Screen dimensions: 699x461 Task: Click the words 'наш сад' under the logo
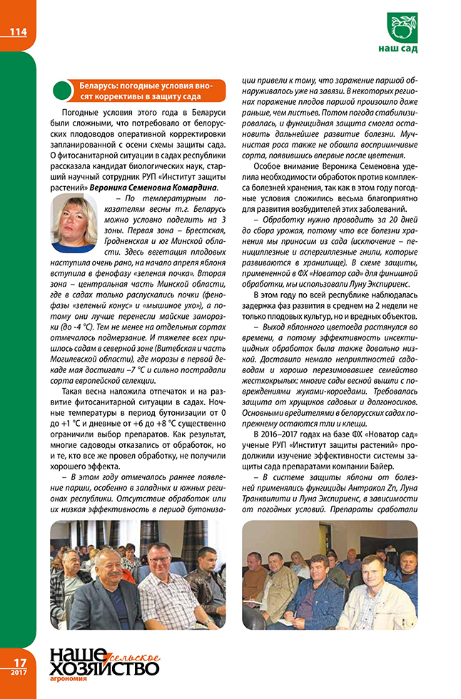click(398, 49)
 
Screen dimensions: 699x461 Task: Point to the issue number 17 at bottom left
click(16, 662)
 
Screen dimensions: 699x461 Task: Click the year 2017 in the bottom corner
click(16, 675)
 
